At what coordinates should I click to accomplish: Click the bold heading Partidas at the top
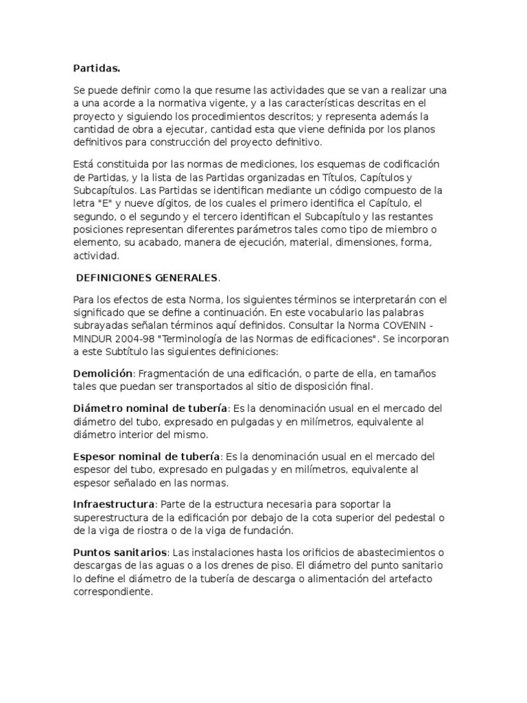(96, 69)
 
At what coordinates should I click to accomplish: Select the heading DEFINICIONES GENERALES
(148, 277)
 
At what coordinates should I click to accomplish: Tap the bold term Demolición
(103, 373)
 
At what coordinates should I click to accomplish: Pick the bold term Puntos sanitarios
(120, 552)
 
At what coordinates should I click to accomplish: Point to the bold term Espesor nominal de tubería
(147, 457)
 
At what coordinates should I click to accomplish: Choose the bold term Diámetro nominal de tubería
(150, 408)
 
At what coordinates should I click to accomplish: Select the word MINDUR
(95, 338)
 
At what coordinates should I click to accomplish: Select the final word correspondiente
(113, 591)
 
